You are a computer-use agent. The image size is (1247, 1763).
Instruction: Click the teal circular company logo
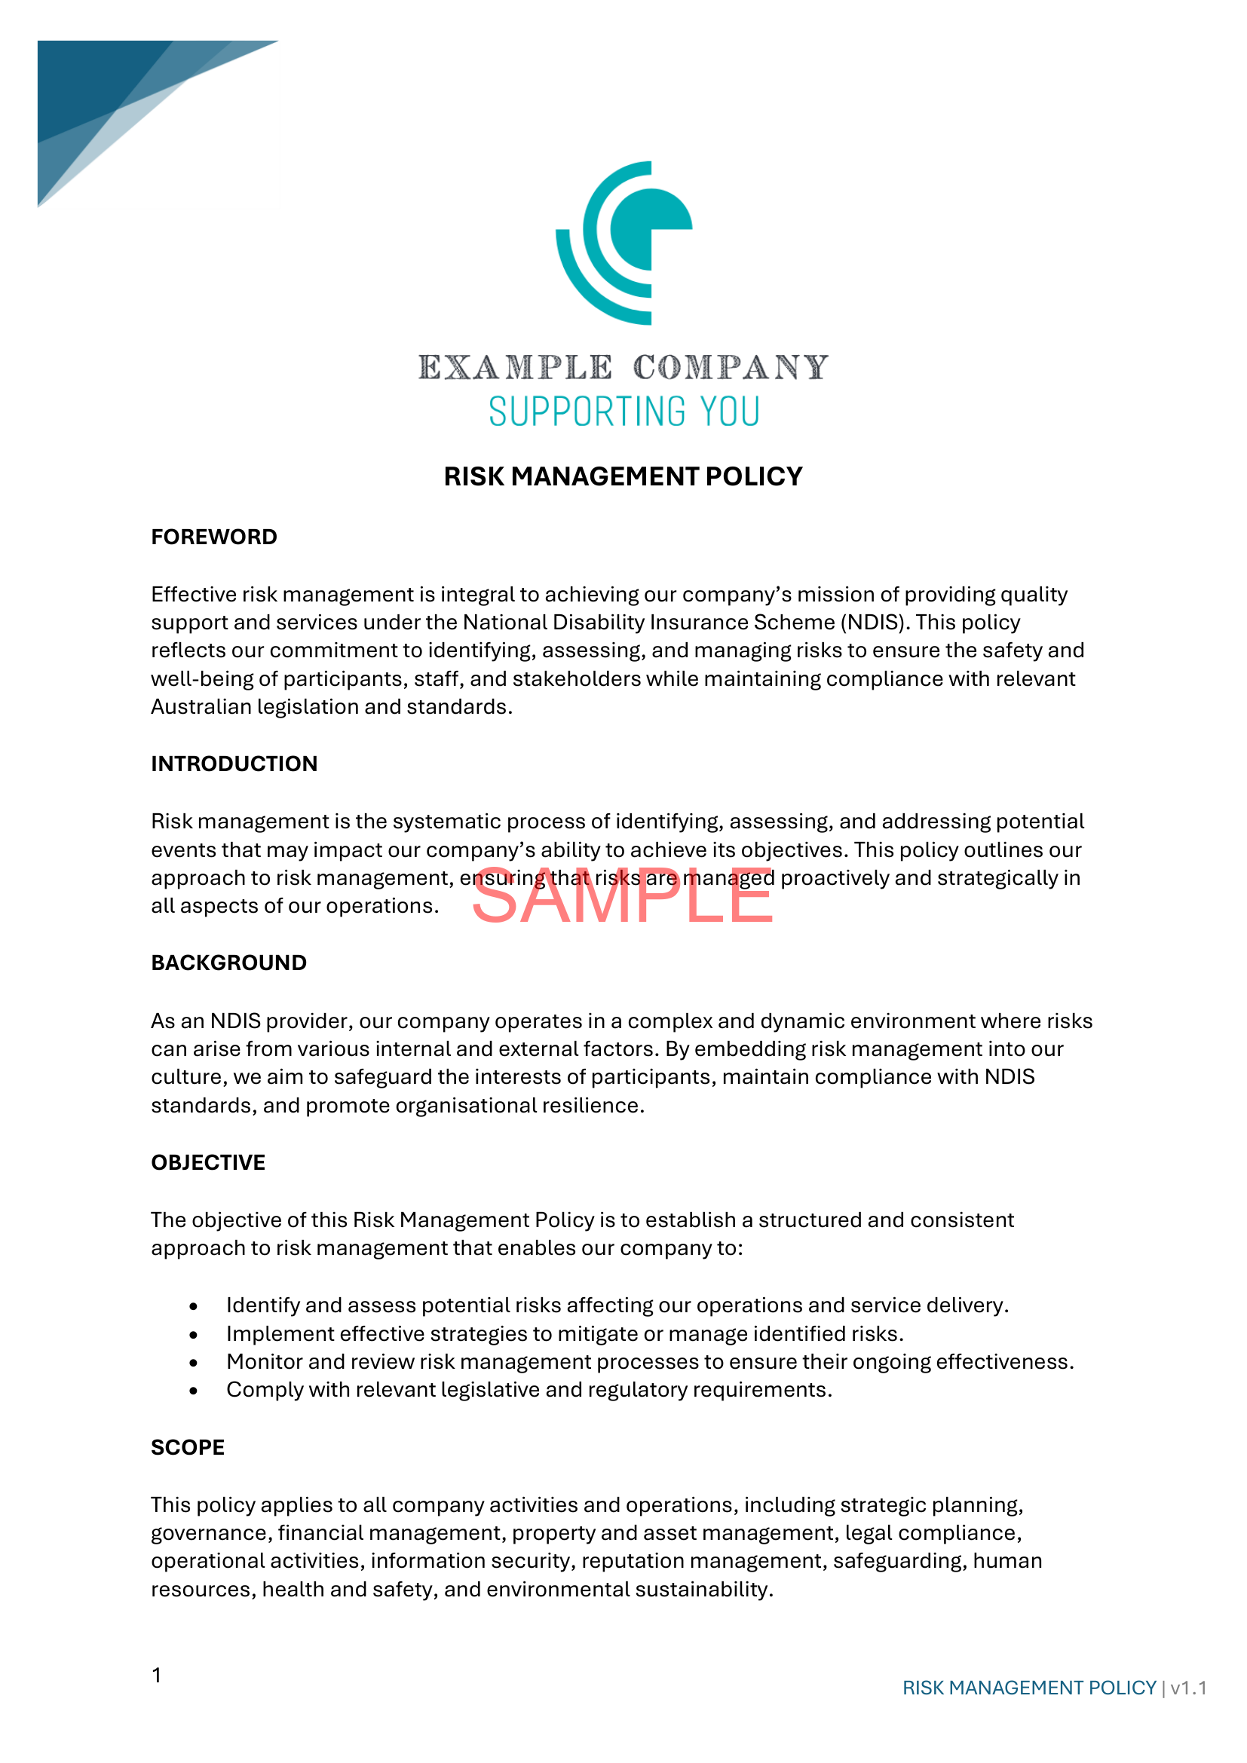click(623, 243)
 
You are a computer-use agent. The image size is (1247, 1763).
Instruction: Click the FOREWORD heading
click(213, 537)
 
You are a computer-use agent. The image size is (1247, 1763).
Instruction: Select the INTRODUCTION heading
click(234, 764)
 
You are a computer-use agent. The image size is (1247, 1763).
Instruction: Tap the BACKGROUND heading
click(229, 963)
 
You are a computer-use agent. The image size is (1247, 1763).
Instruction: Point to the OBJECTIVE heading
click(208, 1162)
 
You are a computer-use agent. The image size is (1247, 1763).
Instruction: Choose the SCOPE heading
click(188, 1447)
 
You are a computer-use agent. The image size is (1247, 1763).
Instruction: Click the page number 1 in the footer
click(157, 1676)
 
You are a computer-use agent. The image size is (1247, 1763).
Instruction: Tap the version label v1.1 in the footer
click(1188, 1688)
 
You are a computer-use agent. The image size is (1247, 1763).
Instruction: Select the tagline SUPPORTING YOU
click(623, 412)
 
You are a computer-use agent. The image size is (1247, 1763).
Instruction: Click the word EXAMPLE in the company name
click(515, 368)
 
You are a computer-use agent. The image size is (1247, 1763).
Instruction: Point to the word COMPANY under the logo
click(731, 368)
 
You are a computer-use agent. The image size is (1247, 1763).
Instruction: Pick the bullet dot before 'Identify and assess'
click(195, 1306)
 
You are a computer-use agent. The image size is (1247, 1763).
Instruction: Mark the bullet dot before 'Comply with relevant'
click(195, 1391)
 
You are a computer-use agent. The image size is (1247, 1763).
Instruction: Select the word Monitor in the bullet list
click(264, 1361)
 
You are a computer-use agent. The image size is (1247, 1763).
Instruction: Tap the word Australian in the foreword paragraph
click(201, 706)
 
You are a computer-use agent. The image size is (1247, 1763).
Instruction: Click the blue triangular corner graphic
click(115, 99)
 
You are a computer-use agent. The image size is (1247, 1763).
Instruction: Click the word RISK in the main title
click(473, 477)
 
